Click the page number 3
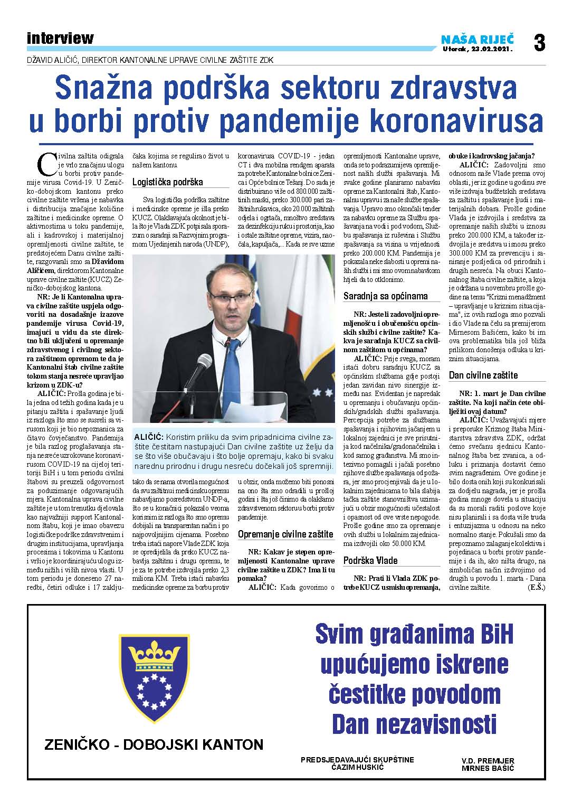click(x=539, y=42)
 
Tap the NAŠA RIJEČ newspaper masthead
click(x=478, y=39)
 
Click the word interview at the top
click(x=60, y=39)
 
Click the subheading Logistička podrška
click(x=167, y=182)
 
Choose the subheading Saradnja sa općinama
click(x=385, y=296)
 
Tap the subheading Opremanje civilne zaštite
click(x=285, y=534)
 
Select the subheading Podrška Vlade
click(x=370, y=561)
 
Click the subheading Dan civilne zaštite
click(x=483, y=375)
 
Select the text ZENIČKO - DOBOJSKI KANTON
click(x=154, y=745)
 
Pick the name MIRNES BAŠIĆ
click(x=488, y=768)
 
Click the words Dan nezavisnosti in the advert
click(x=414, y=724)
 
